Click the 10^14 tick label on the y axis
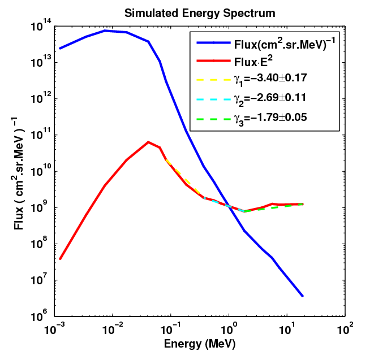point(41,26)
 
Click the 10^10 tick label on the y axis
point(41,171)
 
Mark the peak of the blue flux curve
point(105,31)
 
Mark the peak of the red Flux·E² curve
point(148,142)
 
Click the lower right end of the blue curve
point(303,296)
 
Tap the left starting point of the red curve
point(60,259)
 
